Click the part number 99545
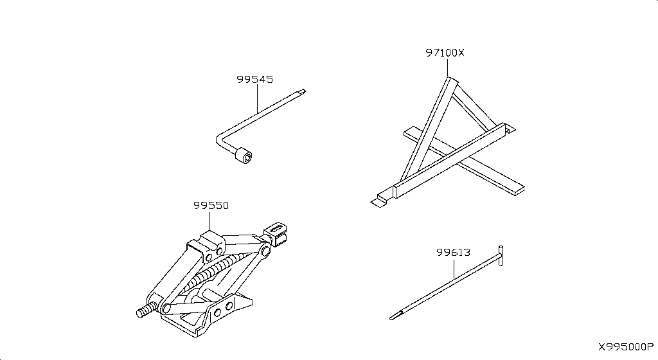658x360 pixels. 254,79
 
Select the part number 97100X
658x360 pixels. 445,53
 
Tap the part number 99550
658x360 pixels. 211,206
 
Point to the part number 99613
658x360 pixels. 453,253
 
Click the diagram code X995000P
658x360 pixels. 626,347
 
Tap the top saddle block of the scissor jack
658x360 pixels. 206,244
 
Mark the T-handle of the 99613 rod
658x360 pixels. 501,255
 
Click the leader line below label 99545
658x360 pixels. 257,98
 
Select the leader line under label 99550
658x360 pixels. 210,221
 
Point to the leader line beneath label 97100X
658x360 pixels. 447,67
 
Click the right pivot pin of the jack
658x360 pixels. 265,251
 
